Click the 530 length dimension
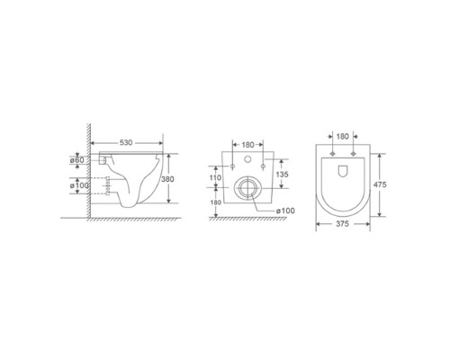(x=126, y=142)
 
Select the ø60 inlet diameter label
(x=77, y=160)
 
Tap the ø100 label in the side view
(x=79, y=185)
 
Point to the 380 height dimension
(x=167, y=179)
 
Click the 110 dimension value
(x=215, y=177)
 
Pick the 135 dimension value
(x=282, y=174)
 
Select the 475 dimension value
(x=380, y=184)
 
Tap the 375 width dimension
(x=342, y=224)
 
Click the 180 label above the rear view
(x=247, y=145)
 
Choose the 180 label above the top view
(x=342, y=137)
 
